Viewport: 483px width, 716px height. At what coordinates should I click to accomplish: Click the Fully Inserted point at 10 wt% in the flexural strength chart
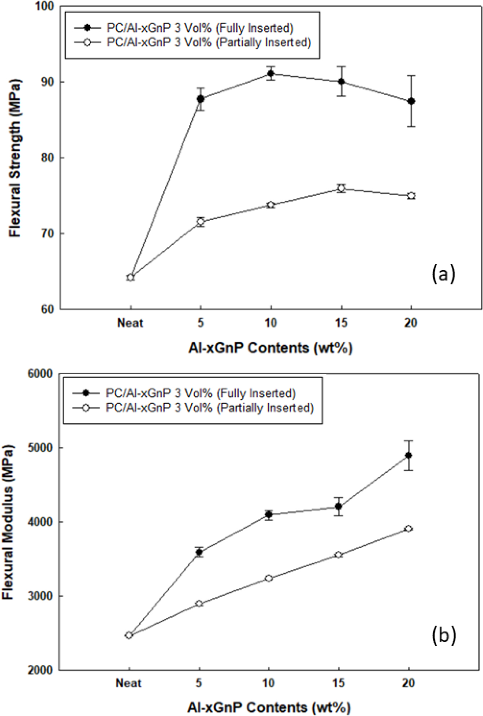pyautogui.click(x=271, y=74)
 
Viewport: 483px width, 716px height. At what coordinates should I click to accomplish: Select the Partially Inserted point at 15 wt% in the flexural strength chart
pyautogui.click(x=341, y=188)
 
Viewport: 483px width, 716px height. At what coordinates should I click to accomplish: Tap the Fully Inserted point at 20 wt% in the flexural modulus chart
pyautogui.click(x=408, y=455)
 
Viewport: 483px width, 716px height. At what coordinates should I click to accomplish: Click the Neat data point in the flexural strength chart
pyautogui.click(x=131, y=277)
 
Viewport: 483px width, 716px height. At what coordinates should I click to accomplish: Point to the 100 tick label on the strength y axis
pyautogui.click(x=45, y=6)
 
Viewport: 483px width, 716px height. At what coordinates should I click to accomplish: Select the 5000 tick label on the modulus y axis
pyautogui.click(x=40, y=448)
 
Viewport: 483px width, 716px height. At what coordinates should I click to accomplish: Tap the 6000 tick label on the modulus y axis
pyautogui.click(x=40, y=374)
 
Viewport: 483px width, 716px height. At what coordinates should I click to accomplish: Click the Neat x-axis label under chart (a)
pyautogui.click(x=130, y=323)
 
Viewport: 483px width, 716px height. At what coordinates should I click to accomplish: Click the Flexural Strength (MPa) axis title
pyautogui.click(x=15, y=158)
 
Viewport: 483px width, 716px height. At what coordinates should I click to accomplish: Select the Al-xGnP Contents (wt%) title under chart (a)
pyautogui.click(x=270, y=348)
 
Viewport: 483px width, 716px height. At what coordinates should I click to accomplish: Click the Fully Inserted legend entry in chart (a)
pyautogui.click(x=200, y=28)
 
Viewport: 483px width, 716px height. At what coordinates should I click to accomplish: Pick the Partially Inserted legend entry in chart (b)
pyautogui.click(x=210, y=408)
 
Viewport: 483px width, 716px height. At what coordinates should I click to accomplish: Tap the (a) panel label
pyautogui.click(x=443, y=274)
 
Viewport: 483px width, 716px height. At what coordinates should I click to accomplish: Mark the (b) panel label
pyautogui.click(x=444, y=635)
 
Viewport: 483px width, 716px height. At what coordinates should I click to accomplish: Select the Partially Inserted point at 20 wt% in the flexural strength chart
pyautogui.click(x=411, y=196)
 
